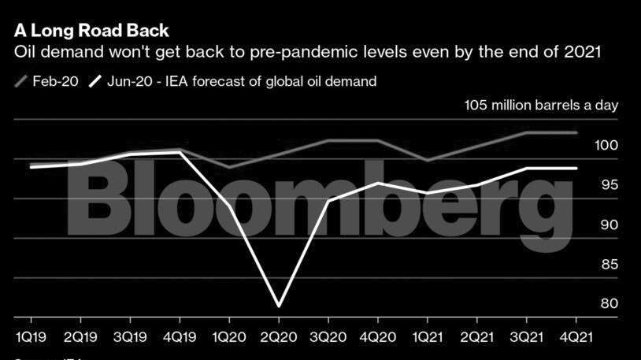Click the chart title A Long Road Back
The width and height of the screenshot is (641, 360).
point(91,31)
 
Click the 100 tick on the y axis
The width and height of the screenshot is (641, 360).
point(607,146)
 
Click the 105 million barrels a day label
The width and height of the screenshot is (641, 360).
point(541,106)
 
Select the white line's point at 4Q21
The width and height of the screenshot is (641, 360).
point(576,168)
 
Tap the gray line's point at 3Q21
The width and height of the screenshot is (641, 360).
point(527,132)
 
